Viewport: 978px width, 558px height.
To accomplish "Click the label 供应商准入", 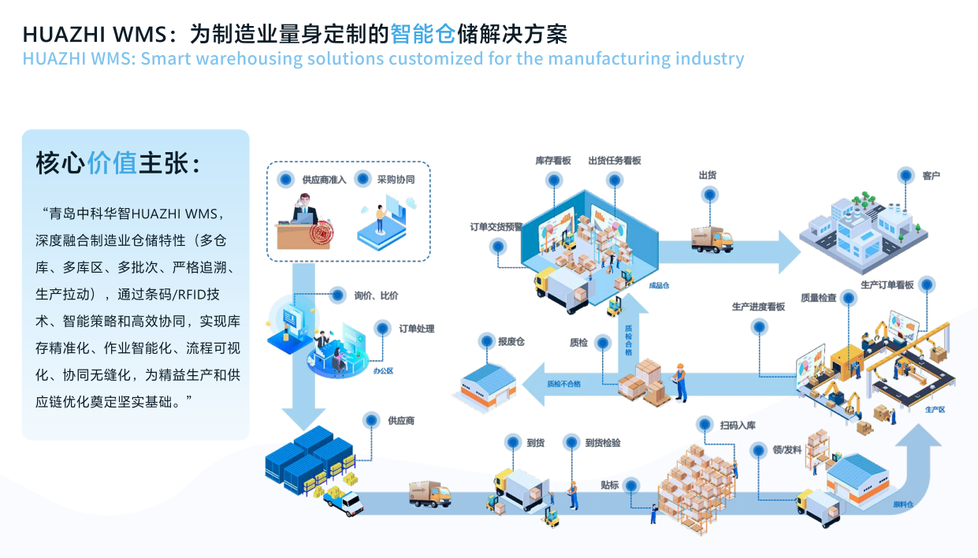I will pyautogui.click(x=324, y=179).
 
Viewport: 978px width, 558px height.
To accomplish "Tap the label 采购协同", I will pyautogui.click(x=396, y=179).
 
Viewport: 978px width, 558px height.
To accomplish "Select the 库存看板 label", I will pyautogui.click(x=553, y=160).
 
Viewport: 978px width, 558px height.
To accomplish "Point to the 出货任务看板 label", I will pyautogui.click(x=615, y=160).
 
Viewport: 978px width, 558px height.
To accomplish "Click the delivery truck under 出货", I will pyautogui.click(x=712, y=238).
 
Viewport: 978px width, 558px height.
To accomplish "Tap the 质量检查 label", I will pyautogui.click(x=819, y=297).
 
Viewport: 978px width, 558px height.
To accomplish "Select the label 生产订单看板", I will pyautogui.click(x=887, y=285).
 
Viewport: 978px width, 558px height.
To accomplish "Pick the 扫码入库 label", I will pyautogui.click(x=738, y=426).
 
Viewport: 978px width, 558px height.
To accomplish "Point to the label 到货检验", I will pyautogui.click(x=603, y=443).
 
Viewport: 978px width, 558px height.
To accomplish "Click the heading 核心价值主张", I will pyautogui.click(x=118, y=163).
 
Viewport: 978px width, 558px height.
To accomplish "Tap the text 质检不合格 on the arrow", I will pyautogui.click(x=563, y=384).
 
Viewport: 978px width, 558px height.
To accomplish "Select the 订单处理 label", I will pyautogui.click(x=416, y=329).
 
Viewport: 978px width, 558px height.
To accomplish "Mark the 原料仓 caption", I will pyautogui.click(x=903, y=504).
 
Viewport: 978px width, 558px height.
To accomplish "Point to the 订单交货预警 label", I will pyautogui.click(x=496, y=227).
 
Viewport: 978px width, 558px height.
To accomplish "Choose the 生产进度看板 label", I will pyautogui.click(x=758, y=307).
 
